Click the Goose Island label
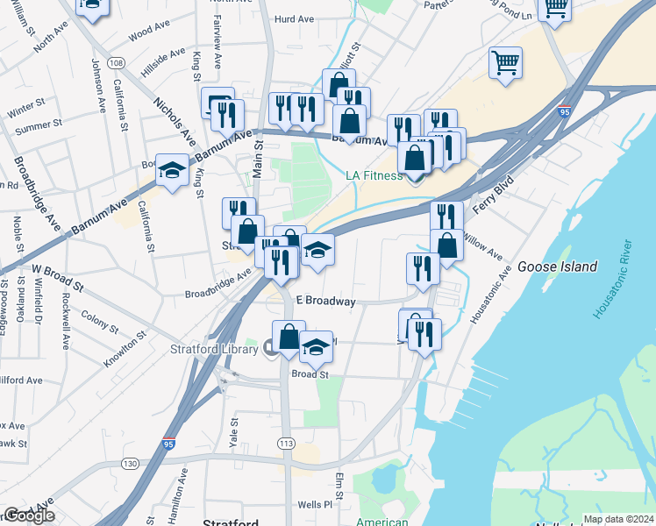pos(557,267)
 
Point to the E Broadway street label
pos(325,301)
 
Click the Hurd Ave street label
pos(295,18)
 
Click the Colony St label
pos(98,316)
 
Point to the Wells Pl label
pos(316,505)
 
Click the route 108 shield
pos(115,63)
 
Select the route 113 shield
pos(286,444)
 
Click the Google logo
pos(29,515)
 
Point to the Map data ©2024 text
pos(619,519)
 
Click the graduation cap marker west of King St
pos(173,171)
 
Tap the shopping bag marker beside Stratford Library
pos(289,336)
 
